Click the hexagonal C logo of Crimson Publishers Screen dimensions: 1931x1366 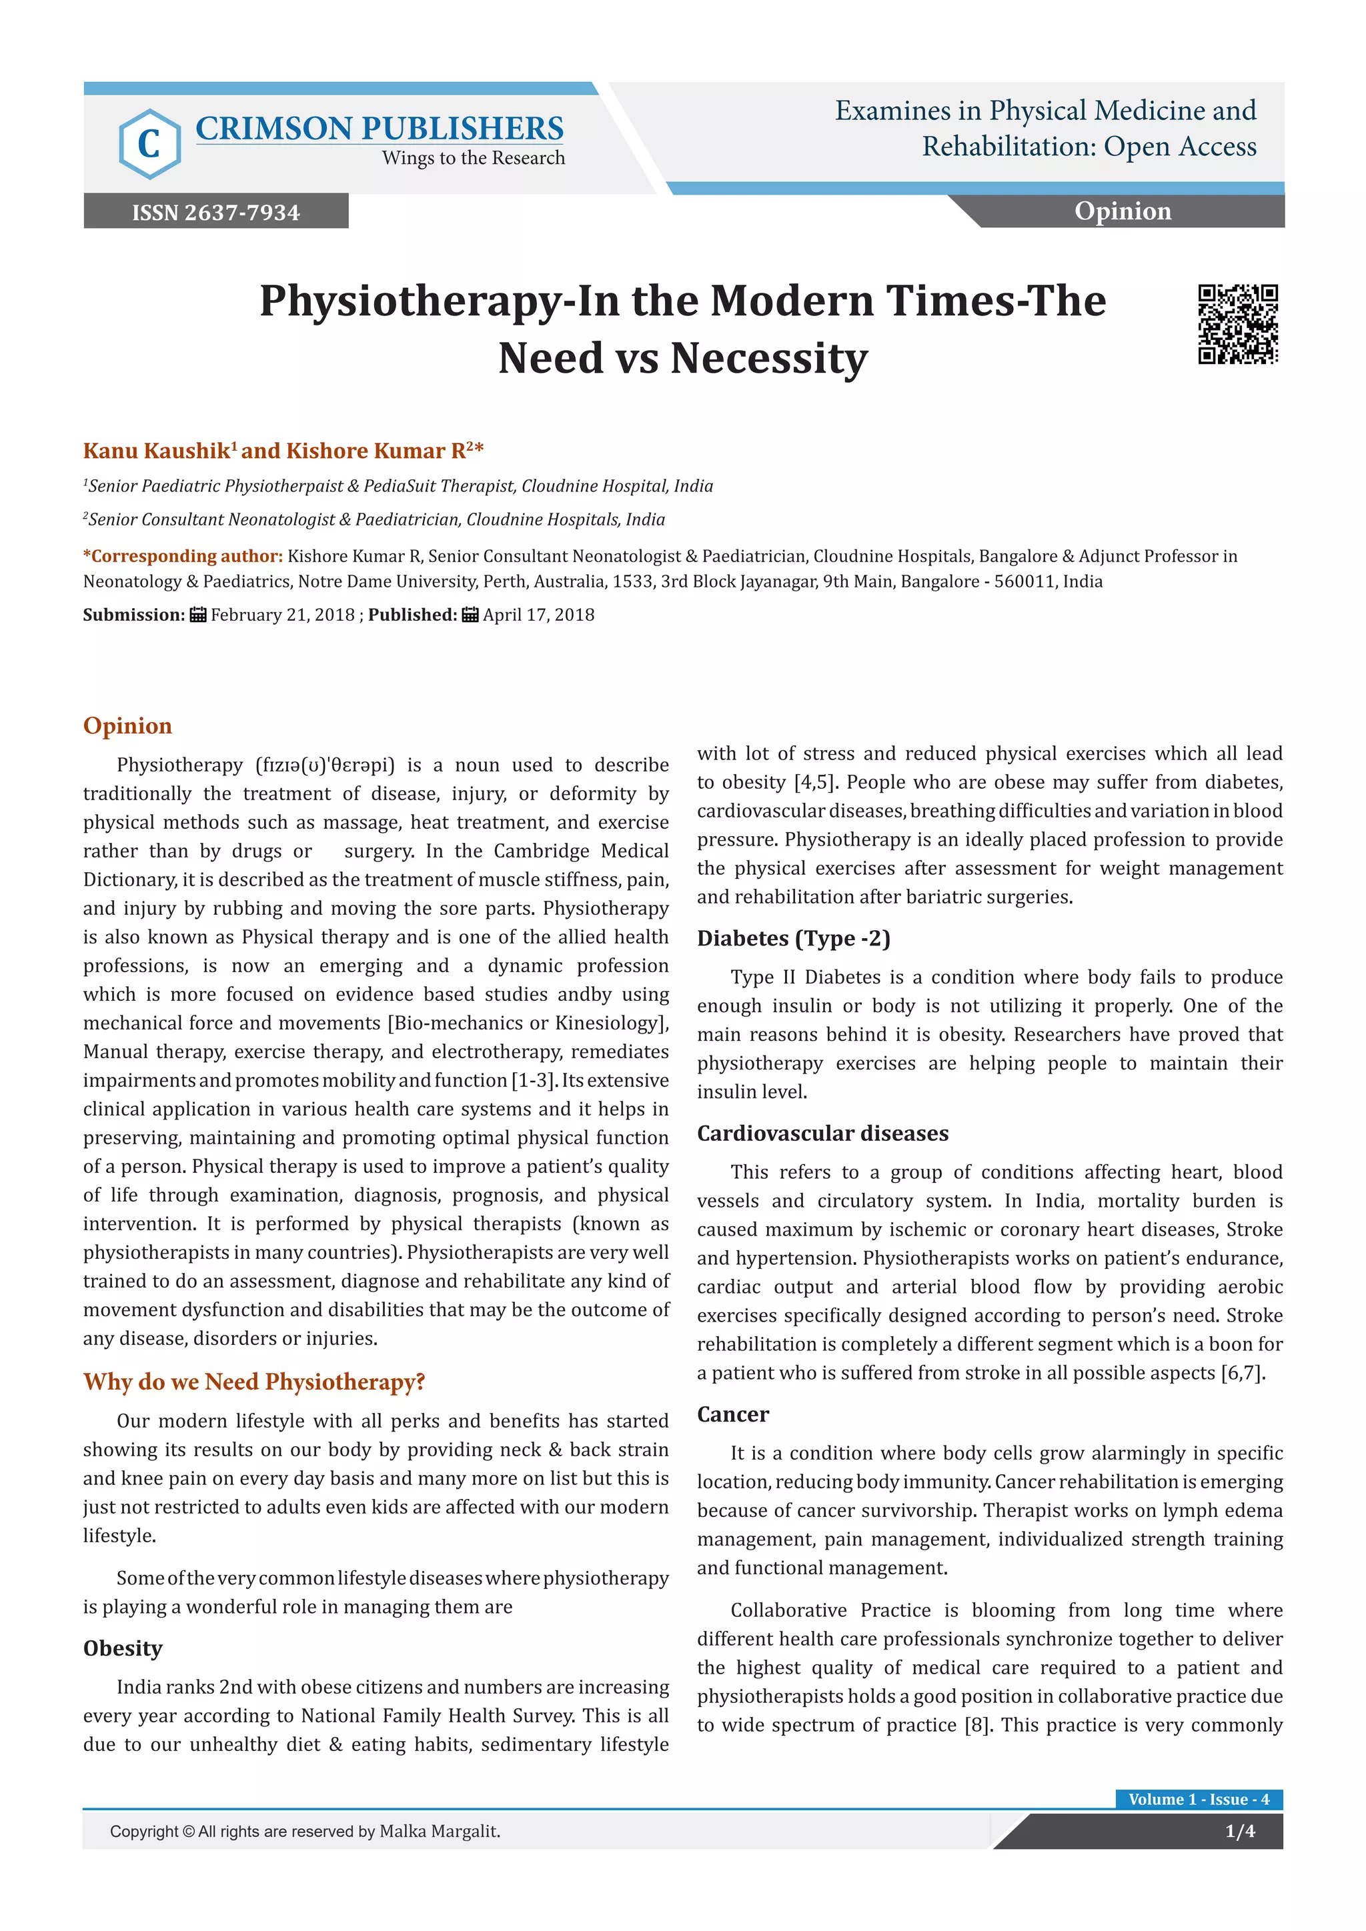pyautogui.click(x=149, y=144)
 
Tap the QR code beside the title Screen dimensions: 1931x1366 pyautogui.click(x=1237, y=324)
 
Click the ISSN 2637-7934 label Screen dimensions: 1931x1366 pyautogui.click(x=215, y=212)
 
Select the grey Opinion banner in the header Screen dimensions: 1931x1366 pyautogui.click(x=1122, y=211)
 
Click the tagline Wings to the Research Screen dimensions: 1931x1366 pyautogui.click(x=473, y=158)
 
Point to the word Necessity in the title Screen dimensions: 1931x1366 pyautogui.click(x=769, y=358)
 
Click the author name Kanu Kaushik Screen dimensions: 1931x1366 pyautogui.click(x=157, y=451)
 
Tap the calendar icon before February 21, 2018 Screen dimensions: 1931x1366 pyautogui.click(x=197, y=615)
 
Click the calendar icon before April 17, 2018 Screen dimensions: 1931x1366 pyautogui.click(x=470, y=615)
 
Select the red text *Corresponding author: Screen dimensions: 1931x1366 pyautogui.click(x=183, y=556)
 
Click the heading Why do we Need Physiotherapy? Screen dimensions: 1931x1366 pyautogui.click(x=254, y=1382)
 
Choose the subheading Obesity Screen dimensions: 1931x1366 pyautogui.click(x=123, y=1648)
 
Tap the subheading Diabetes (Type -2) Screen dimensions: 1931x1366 pyautogui.click(x=793, y=937)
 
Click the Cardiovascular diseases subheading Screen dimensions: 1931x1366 pyautogui.click(x=822, y=1133)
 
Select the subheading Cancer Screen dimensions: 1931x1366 pyautogui.click(x=732, y=1414)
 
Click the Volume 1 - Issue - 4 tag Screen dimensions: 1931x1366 pyautogui.click(x=1198, y=1799)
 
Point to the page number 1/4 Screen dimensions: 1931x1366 pyautogui.click(x=1239, y=1831)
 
